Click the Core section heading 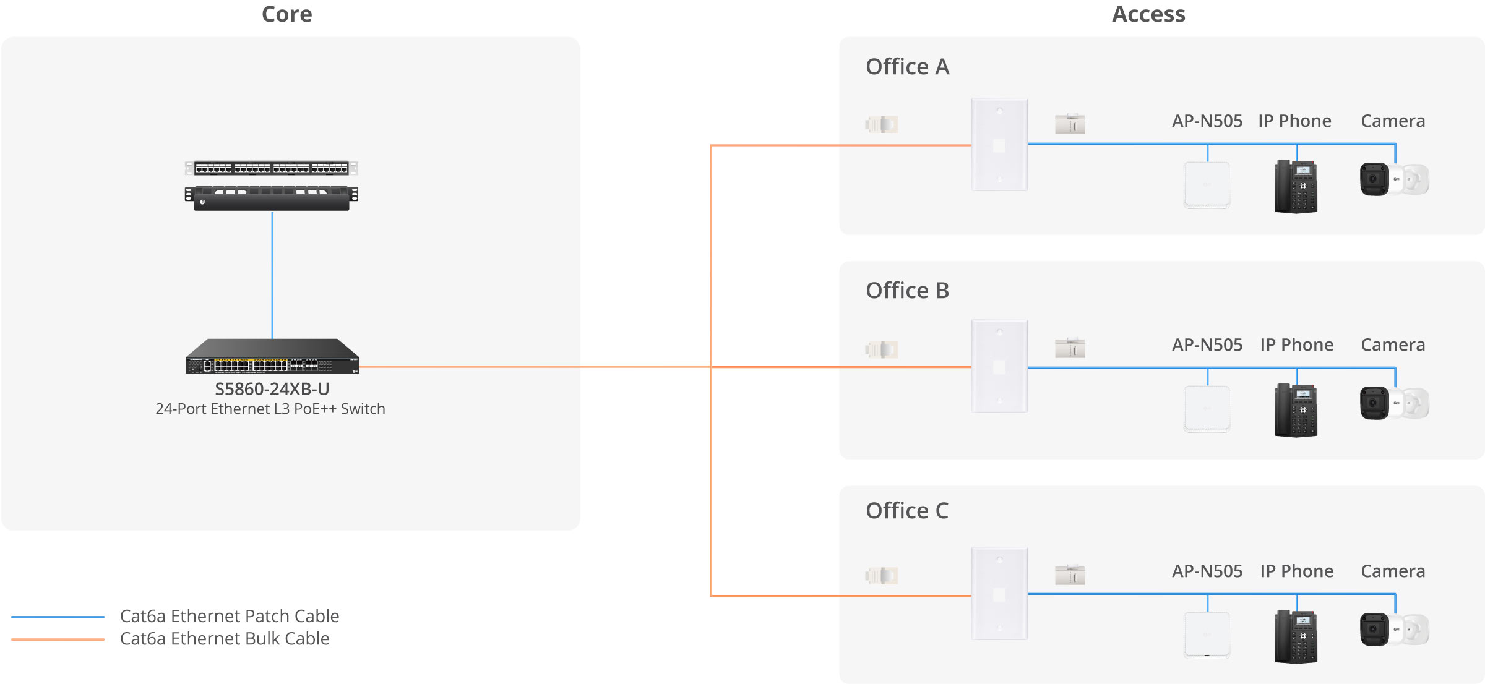point(286,14)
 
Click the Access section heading point(1148,14)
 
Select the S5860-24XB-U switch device point(272,356)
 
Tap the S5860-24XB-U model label point(272,389)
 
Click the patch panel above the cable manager point(272,168)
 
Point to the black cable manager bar point(272,198)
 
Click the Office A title point(907,67)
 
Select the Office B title point(907,291)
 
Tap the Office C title point(907,511)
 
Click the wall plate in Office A point(999,145)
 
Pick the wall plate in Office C point(999,594)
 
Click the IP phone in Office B point(1296,410)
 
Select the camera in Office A point(1394,179)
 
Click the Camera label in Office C point(1393,571)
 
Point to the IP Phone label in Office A point(1294,121)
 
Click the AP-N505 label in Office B point(1207,345)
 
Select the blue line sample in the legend point(58,617)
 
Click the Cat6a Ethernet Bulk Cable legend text point(225,638)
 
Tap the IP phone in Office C point(1296,637)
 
